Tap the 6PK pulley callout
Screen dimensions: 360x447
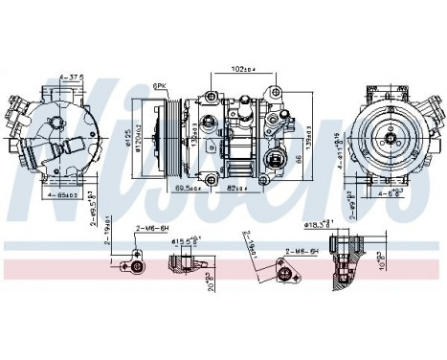pos(160,86)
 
